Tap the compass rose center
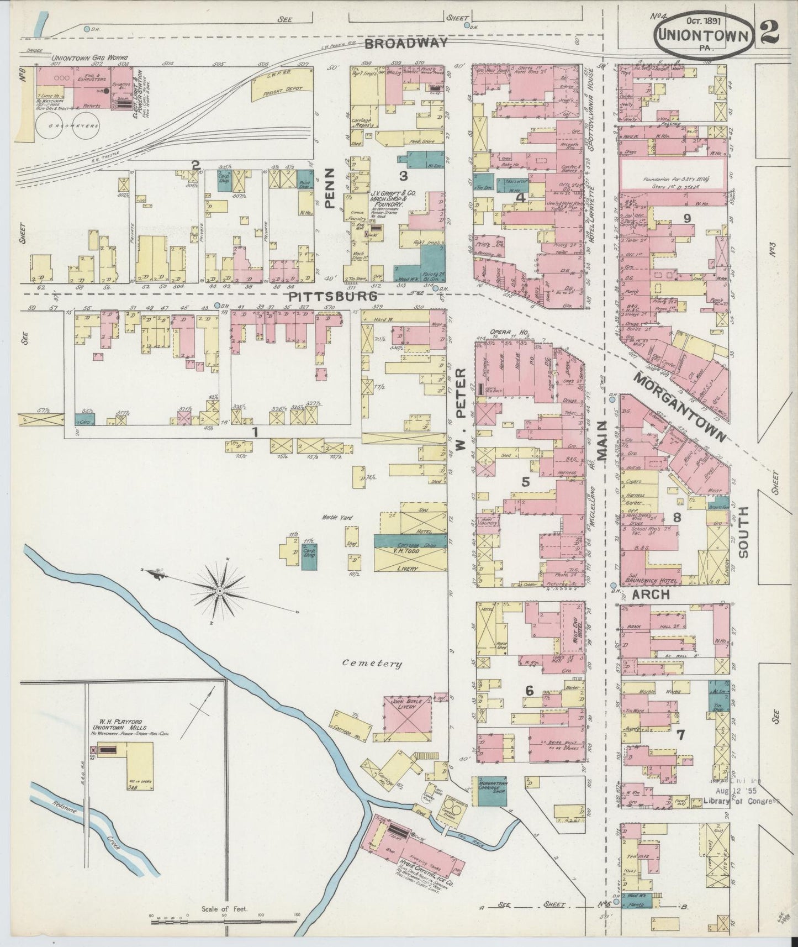220,591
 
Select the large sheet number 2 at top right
769,33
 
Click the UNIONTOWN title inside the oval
702,36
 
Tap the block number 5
525,482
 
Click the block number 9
686,218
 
